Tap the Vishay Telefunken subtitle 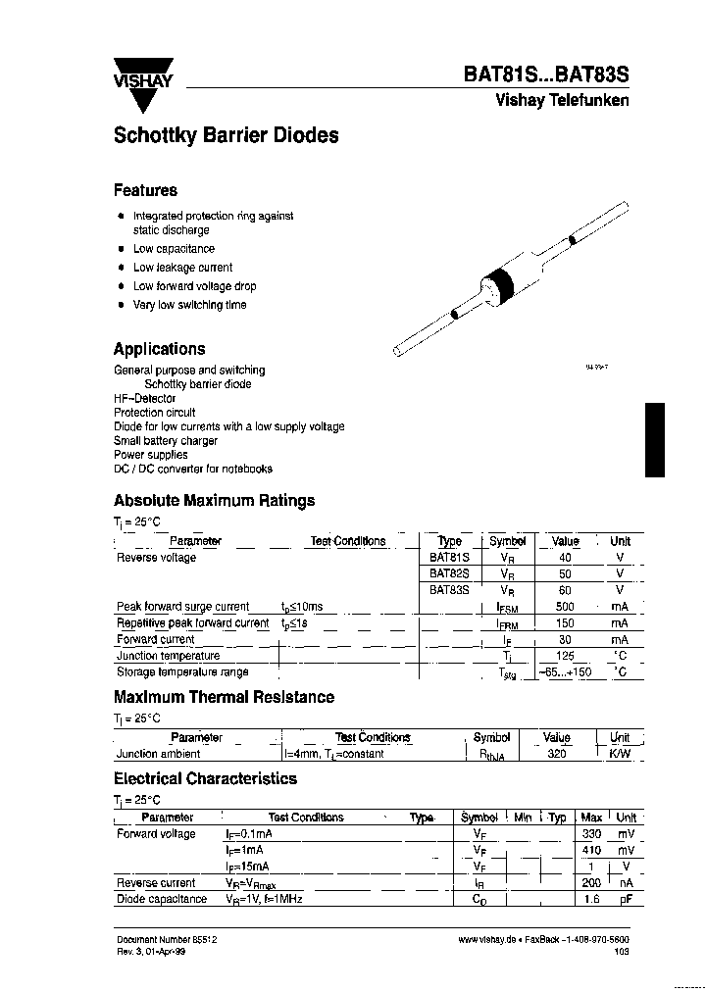pyautogui.click(x=562, y=101)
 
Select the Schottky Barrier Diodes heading pyautogui.click(x=226, y=136)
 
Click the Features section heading pyautogui.click(x=145, y=190)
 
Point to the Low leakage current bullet pyautogui.click(x=182, y=268)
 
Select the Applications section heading pyautogui.click(x=159, y=349)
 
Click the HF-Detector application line pyautogui.click(x=145, y=399)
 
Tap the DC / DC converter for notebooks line pyautogui.click(x=193, y=470)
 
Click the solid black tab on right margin pyautogui.click(x=655, y=440)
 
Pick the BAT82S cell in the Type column pyautogui.click(x=449, y=573)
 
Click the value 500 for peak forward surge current pyautogui.click(x=566, y=607)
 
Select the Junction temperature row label pyautogui.click(x=168, y=656)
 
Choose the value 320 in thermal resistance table pyautogui.click(x=557, y=754)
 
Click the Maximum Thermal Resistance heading pyautogui.click(x=224, y=697)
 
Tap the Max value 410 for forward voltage pyautogui.click(x=591, y=851)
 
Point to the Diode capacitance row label pyautogui.click(x=162, y=899)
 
